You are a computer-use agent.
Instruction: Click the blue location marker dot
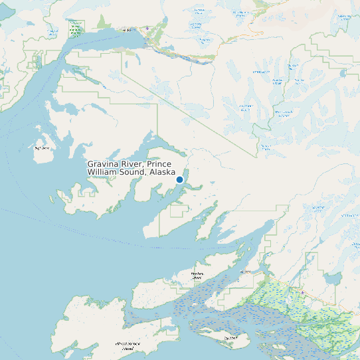[x=179, y=179]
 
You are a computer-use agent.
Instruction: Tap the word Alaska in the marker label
[x=163, y=172]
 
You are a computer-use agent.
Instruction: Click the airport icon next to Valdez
[x=147, y=28]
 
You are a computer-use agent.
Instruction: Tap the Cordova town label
[x=245, y=272]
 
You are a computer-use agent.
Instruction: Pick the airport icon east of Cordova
[x=302, y=292]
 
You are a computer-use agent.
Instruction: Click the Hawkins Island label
[x=197, y=276]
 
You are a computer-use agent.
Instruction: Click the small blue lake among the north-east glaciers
[x=343, y=73]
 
